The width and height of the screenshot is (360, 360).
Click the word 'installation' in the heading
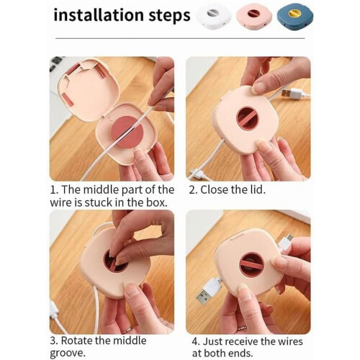click(99, 15)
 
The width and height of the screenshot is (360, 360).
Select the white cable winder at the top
click(214, 16)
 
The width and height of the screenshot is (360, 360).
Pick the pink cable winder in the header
click(254, 15)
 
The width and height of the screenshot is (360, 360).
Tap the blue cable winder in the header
click(295, 16)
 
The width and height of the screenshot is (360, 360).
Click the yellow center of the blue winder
click(296, 13)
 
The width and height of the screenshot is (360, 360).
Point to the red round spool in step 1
click(127, 132)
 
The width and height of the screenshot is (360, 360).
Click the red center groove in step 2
click(248, 119)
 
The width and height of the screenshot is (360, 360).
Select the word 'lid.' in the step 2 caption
click(257, 189)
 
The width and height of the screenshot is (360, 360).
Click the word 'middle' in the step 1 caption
click(101, 189)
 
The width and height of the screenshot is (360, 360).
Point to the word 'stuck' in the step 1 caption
click(99, 202)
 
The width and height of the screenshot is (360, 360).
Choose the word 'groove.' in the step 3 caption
click(68, 353)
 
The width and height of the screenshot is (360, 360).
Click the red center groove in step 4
click(252, 264)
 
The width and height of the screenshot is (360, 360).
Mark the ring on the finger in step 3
click(127, 330)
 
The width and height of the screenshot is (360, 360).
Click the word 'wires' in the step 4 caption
click(290, 341)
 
